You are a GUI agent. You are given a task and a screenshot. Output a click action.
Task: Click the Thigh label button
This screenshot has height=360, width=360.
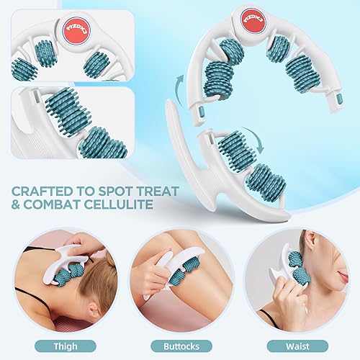65,345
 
